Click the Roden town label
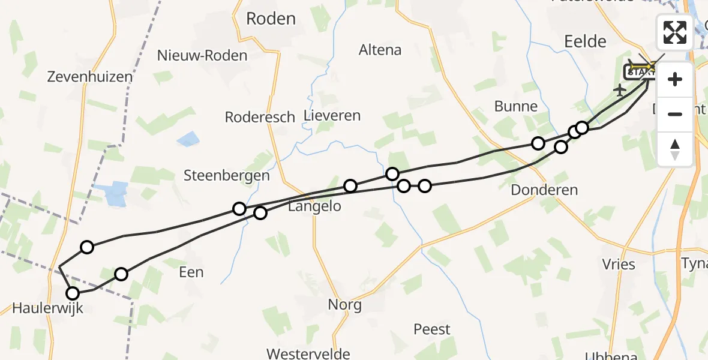pos(271,19)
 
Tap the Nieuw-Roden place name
pos(202,56)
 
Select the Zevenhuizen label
pos(90,77)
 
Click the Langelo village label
pos(314,207)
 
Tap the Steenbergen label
pos(227,176)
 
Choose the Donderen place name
pos(544,190)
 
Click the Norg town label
pos(344,305)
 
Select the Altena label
pos(380,50)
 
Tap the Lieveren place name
pos(332,116)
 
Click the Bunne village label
pos(516,107)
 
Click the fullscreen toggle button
pos(675,32)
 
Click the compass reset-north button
pos(675,149)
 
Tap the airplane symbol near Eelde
pos(620,90)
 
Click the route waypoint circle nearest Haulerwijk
pos(73,293)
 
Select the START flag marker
pos(640,72)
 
